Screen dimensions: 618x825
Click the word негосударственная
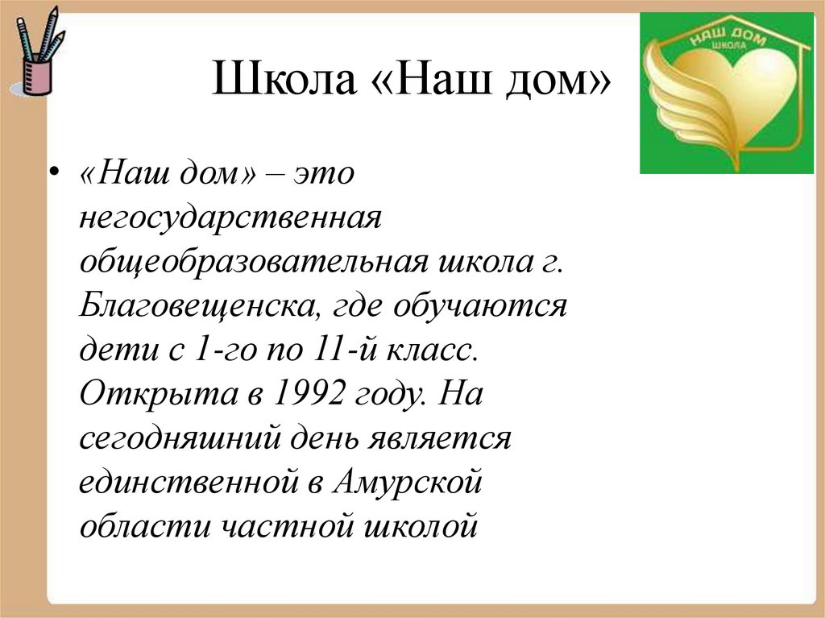(x=229, y=218)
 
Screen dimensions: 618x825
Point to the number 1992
(x=309, y=395)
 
